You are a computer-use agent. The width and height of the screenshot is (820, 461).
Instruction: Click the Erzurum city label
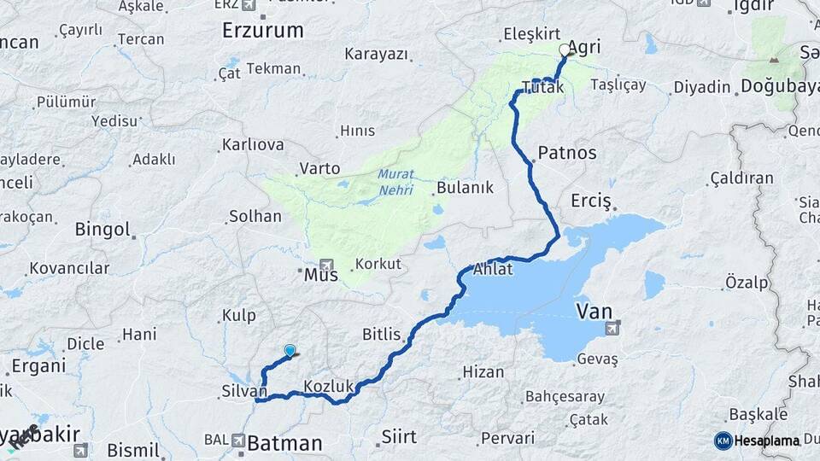262,31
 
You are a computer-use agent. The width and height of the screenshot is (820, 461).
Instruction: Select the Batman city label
284,443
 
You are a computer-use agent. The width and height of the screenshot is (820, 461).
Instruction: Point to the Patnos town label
567,155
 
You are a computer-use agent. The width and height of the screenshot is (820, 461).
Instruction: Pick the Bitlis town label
382,334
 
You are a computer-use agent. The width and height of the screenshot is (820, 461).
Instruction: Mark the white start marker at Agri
564,50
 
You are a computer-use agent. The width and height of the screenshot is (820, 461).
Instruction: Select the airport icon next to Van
612,327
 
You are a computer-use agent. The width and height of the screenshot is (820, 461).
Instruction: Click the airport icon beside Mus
325,265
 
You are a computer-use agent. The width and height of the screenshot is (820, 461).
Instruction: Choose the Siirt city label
398,437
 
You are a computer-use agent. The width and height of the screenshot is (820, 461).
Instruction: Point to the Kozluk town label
328,386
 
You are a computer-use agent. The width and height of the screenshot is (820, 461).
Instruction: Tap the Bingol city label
102,229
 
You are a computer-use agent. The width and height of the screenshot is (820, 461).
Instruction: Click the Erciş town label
591,201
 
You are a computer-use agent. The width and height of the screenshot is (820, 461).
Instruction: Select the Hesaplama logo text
766,441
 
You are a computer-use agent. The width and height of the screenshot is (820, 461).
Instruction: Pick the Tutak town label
542,88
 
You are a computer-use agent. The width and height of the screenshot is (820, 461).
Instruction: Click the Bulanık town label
465,188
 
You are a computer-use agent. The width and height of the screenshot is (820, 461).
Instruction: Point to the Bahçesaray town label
564,396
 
